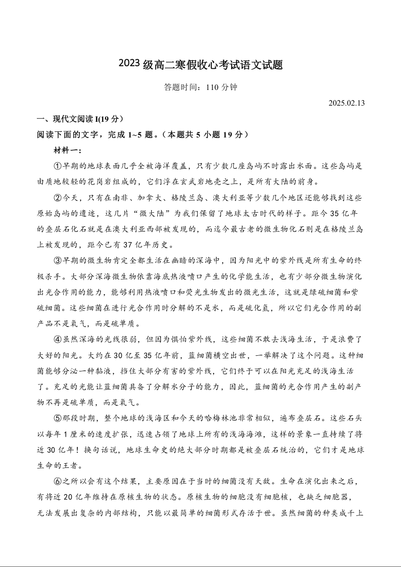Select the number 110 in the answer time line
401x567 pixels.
pyautogui.click(x=212, y=87)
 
